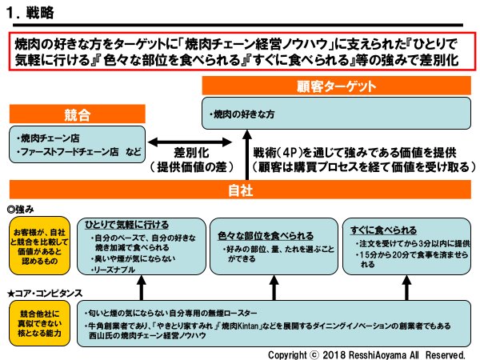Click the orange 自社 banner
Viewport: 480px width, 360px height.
tap(239, 191)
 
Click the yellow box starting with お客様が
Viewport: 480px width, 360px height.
tap(35, 243)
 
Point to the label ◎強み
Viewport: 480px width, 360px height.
tap(22, 207)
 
